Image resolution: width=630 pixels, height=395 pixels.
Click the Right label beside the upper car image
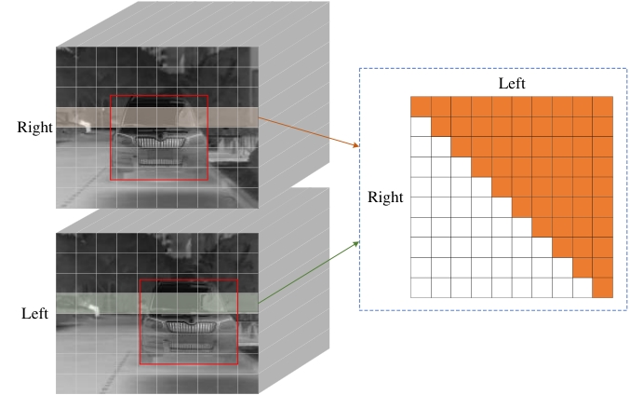(x=35, y=127)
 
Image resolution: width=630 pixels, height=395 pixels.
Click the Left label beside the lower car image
(x=34, y=313)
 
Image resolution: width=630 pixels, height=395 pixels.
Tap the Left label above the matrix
(x=513, y=84)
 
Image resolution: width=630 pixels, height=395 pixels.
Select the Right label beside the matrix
(x=386, y=197)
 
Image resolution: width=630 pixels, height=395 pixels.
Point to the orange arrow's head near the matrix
(x=358, y=146)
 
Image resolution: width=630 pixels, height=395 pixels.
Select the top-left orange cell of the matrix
(x=421, y=107)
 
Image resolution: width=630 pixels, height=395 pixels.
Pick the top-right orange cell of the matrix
(x=603, y=107)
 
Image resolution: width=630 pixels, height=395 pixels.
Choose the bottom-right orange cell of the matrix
(x=603, y=288)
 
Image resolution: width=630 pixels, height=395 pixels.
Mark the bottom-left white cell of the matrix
(x=421, y=288)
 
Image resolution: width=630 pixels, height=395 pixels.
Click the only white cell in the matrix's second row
(x=421, y=127)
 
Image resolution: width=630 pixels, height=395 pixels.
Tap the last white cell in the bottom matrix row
(x=583, y=288)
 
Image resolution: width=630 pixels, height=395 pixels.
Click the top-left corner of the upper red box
(x=111, y=95)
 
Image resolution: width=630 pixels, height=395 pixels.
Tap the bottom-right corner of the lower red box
(x=237, y=364)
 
